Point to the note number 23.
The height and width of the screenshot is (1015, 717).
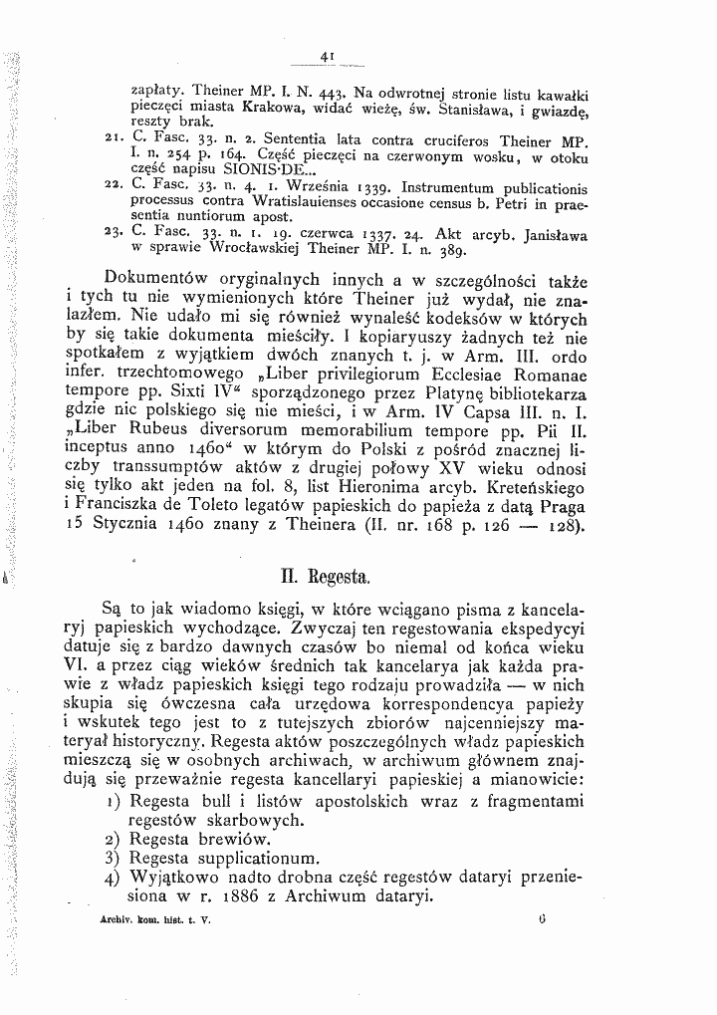point(111,229)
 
